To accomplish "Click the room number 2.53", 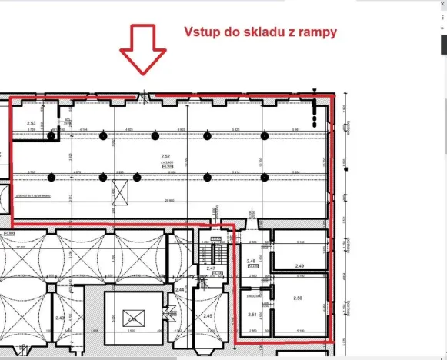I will [32, 123].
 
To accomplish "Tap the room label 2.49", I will [299, 265].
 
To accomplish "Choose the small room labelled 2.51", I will [252, 314].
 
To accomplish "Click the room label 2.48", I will [251, 261].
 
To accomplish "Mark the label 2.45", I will [208, 315].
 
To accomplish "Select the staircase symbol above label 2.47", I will [205, 250].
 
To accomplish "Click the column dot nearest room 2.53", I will [50, 136].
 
